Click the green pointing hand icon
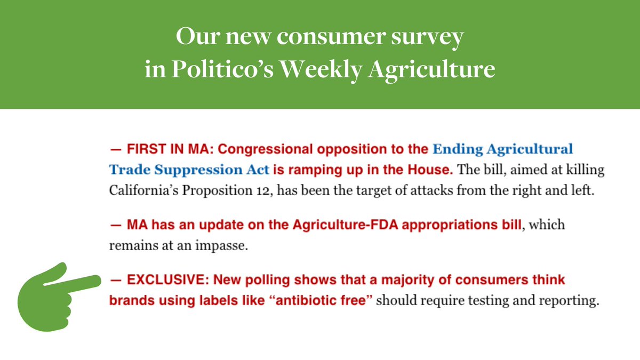[x=56, y=296]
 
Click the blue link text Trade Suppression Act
[x=189, y=170]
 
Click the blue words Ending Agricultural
[x=502, y=149]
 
